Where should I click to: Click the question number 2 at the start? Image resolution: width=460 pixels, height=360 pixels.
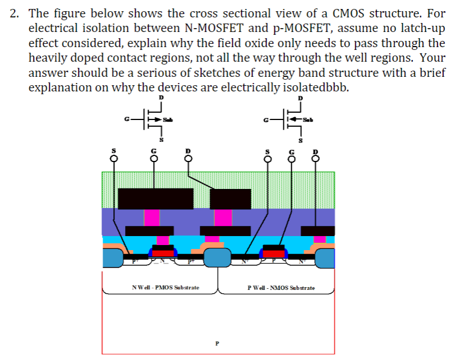pos(15,13)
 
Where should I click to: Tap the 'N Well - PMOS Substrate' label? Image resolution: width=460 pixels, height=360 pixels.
pos(165,288)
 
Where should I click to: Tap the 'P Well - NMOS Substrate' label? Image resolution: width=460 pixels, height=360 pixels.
pos(281,288)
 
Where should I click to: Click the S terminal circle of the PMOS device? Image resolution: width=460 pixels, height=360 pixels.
pos(114,158)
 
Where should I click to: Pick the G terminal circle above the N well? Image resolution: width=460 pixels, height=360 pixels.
pos(152,158)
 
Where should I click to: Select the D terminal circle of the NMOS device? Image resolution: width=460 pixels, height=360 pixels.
pos(315,158)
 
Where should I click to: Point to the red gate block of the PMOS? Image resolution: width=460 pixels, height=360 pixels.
pos(163,253)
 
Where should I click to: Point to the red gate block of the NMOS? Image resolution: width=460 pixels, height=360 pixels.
pos(274,253)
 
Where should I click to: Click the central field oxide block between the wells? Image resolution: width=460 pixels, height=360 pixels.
pos(217,257)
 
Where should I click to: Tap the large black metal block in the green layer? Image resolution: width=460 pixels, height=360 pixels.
pos(156,199)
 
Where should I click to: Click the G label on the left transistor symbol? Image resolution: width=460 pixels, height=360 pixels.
pos(127,119)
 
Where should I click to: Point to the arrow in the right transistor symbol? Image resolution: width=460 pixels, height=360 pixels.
pos(295,119)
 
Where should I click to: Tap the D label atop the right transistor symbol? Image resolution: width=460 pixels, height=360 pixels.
pos(300,98)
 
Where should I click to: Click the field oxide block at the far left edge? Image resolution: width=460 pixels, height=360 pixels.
pos(113,257)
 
